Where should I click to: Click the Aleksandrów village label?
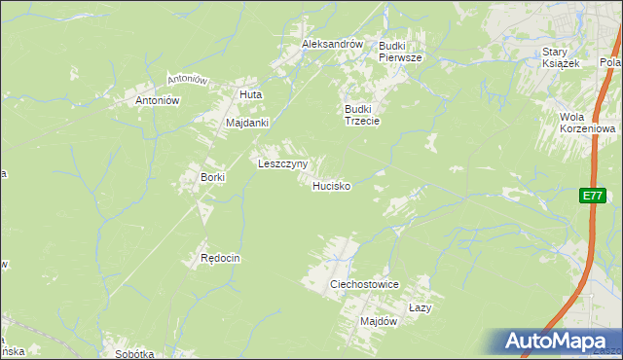click(332, 45)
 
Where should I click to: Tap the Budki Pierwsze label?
click(400, 52)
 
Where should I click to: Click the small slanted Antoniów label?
click(188, 78)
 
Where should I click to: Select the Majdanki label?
click(246, 124)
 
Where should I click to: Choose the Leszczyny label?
click(282, 164)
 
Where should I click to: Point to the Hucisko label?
click(331, 185)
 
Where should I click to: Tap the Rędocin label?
click(220, 258)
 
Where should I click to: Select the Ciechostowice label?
click(365, 283)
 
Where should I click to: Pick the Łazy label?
click(420, 306)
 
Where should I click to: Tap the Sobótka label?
click(134, 354)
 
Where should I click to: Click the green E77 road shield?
click(592, 196)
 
